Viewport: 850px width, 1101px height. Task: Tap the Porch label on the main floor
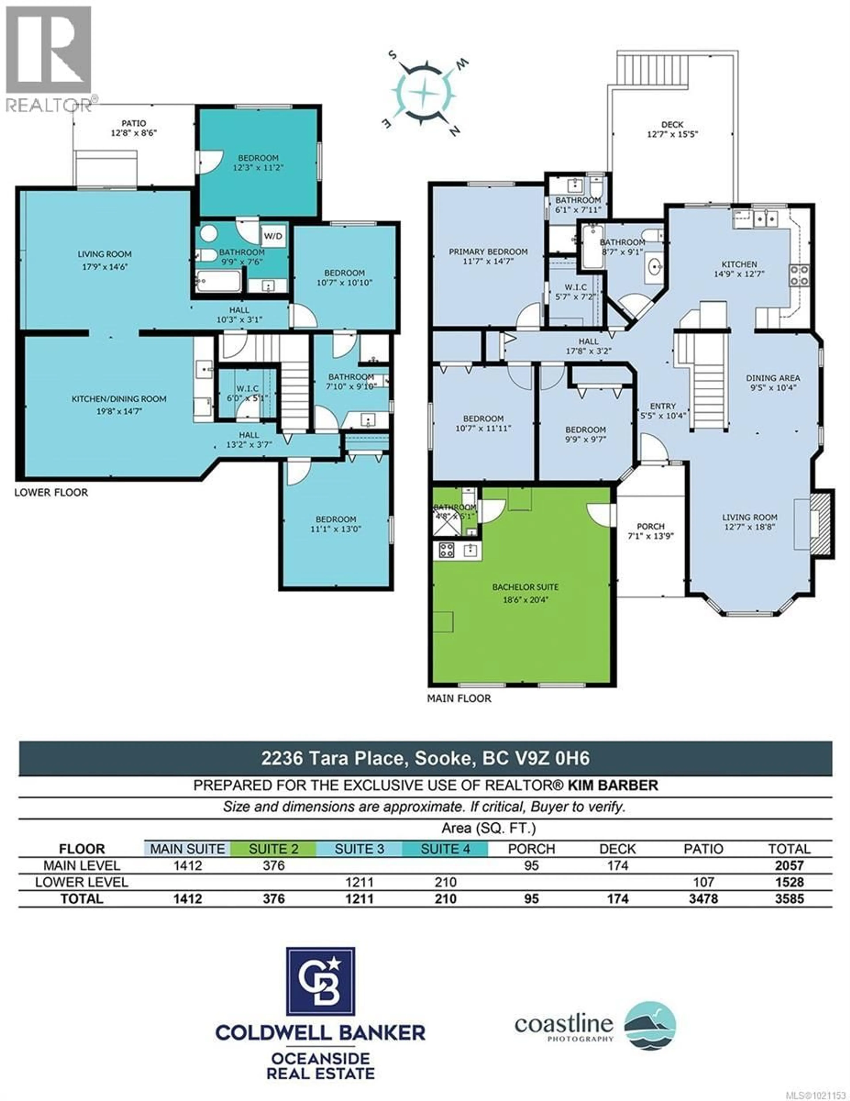tap(651, 531)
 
